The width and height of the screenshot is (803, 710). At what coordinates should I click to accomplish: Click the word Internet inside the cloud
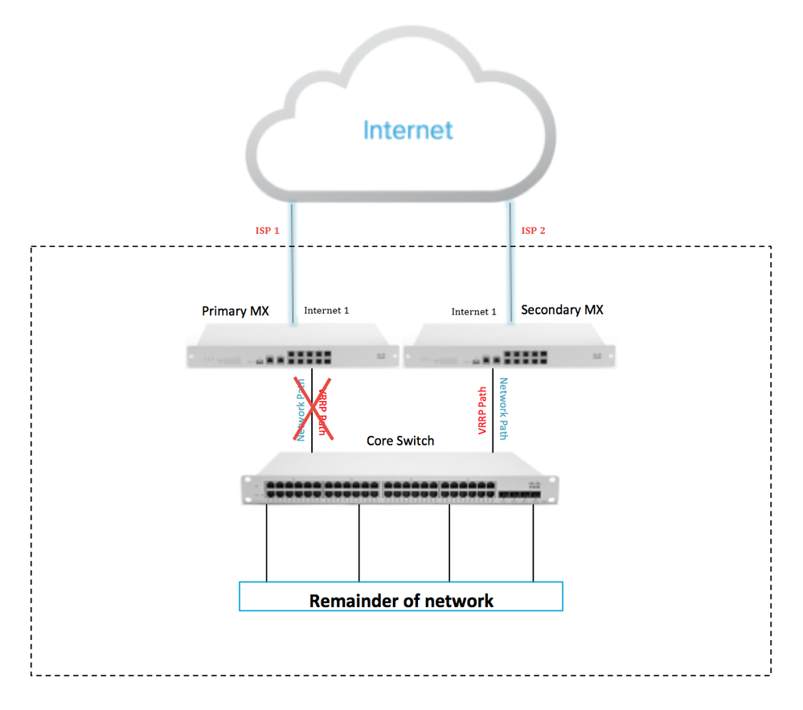pyautogui.click(x=408, y=130)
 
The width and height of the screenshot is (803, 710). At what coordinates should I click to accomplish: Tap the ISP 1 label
pyautogui.click(x=267, y=231)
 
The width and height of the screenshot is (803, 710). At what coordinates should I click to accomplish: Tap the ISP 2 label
pyautogui.click(x=535, y=231)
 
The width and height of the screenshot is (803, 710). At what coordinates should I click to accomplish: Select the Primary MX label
pyautogui.click(x=235, y=311)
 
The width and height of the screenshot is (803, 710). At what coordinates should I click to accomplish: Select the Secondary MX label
pyautogui.click(x=562, y=310)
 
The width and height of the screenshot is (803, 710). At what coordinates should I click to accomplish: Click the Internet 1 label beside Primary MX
pyautogui.click(x=326, y=310)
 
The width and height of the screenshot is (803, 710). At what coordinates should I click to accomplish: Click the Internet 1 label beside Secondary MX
pyautogui.click(x=473, y=312)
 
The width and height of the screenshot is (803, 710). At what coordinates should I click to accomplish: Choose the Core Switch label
pyautogui.click(x=400, y=441)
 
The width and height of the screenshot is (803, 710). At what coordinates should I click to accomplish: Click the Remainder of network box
pyautogui.click(x=400, y=600)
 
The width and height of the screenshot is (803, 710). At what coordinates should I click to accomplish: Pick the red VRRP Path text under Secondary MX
pyautogui.click(x=482, y=410)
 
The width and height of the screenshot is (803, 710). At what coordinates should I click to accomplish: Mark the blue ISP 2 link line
pyautogui.click(x=510, y=265)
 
